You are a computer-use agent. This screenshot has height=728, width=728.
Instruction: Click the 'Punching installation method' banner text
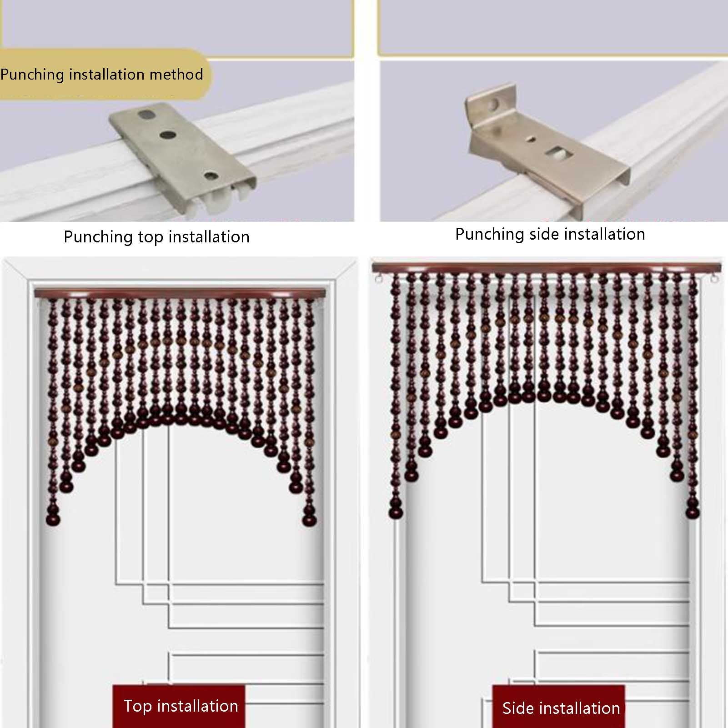[x=101, y=74]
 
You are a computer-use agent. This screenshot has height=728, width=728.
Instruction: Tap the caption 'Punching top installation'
[x=156, y=237]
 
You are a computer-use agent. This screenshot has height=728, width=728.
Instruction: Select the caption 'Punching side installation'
[x=550, y=234]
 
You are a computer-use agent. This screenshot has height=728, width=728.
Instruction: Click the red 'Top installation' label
[x=181, y=706]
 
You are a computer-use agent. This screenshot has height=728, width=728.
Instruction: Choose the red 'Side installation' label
[x=561, y=708]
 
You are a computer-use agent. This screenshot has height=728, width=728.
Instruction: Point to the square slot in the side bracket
[x=558, y=154]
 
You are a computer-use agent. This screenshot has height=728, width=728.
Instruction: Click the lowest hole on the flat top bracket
[x=210, y=176]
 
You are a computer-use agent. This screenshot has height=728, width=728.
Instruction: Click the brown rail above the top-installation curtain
[x=181, y=293]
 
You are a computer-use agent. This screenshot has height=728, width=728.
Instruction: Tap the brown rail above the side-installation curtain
[x=545, y=268]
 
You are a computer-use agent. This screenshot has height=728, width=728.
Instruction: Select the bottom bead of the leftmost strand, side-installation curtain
[x=396, y=512]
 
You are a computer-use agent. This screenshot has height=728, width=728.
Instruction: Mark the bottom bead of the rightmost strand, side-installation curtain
[x=693, y=511]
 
